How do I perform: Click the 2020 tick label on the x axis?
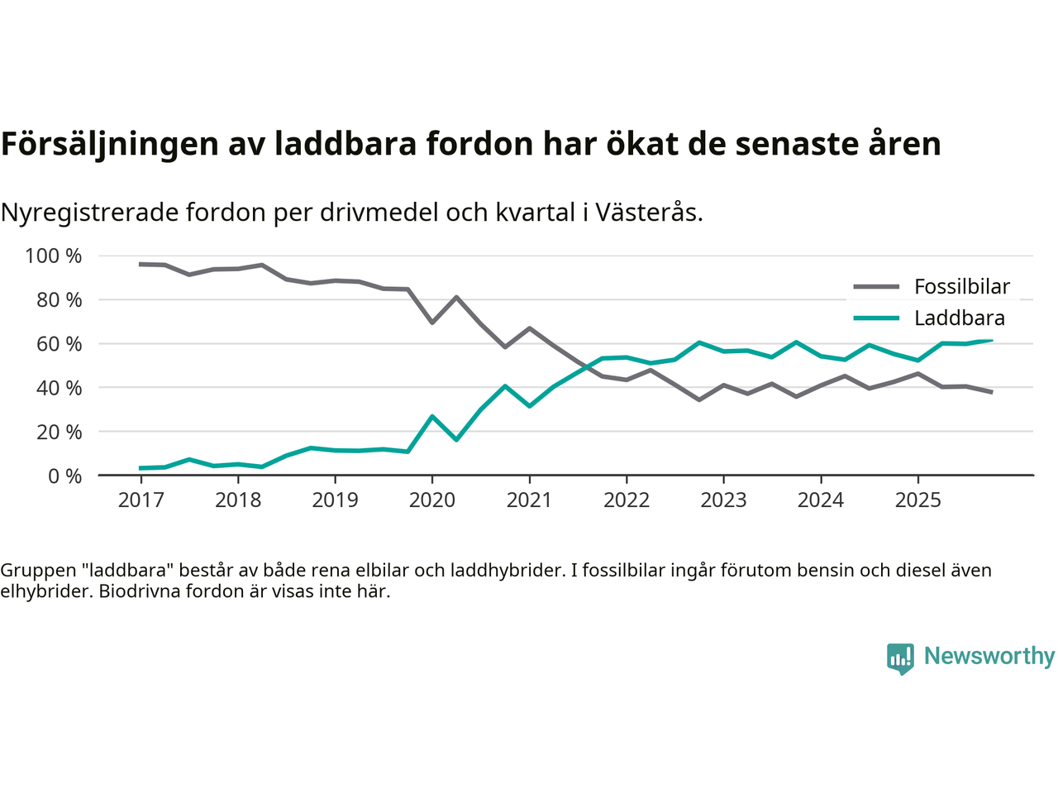point(431,500)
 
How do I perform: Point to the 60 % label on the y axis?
point(54,344)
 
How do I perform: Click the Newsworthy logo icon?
point(900,658)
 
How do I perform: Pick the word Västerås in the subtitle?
point(648,213)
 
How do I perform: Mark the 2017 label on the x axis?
point(141,500)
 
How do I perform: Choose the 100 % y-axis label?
point(54,256)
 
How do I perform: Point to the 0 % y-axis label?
point(65,476)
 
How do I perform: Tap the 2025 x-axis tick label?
point(917,500)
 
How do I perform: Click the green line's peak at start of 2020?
point(432,416)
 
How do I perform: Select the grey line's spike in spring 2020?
point(456,297)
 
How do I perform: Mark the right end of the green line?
point(991,341)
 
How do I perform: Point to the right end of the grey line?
point(991,392)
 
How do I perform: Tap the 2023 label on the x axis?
point(723,500)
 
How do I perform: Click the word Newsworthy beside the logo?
point(989,656)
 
